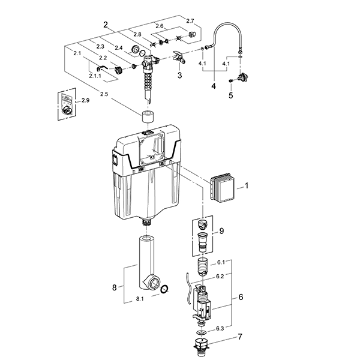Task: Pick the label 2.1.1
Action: [95, 77]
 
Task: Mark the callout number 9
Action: [221, 231]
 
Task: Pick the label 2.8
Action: [137, 34]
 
